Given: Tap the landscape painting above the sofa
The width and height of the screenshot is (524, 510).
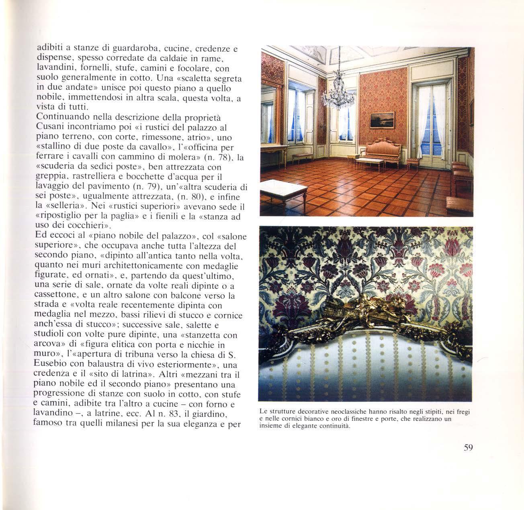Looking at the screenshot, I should pos(382,120).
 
